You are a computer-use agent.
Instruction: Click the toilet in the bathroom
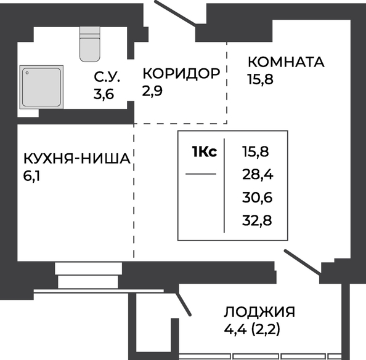click(x=90, y=44)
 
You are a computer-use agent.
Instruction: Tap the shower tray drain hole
click(x=27, y=73)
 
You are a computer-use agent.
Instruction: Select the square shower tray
click(x=41, y=87)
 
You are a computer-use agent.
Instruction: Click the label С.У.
click(x=107, y=77)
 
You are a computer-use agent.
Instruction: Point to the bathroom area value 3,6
click(x=104, y=94)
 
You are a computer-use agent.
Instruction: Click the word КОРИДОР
click(x=181, y=73)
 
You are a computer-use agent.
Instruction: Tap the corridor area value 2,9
click(x=152, y=91)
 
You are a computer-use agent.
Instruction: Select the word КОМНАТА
click(x=286, y=62)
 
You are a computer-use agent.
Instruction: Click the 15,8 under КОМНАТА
click(x=261, y=79)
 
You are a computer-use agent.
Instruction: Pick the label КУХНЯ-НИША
click(x=77, y=159)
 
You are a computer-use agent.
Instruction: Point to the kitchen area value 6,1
click(x=31, y=176)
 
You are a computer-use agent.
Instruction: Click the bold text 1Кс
click(x=204, y=151)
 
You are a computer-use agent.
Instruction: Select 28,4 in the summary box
click(x=258, y=175)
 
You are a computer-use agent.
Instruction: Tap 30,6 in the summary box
click(x=257, y=198)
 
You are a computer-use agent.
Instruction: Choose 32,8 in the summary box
click(x=257, y=220)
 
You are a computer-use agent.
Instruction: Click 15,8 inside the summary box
click(x=256, y=152)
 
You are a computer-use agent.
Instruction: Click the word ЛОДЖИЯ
click(x=259, y=312)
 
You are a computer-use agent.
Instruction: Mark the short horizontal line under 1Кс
click(x=201, y=174)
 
